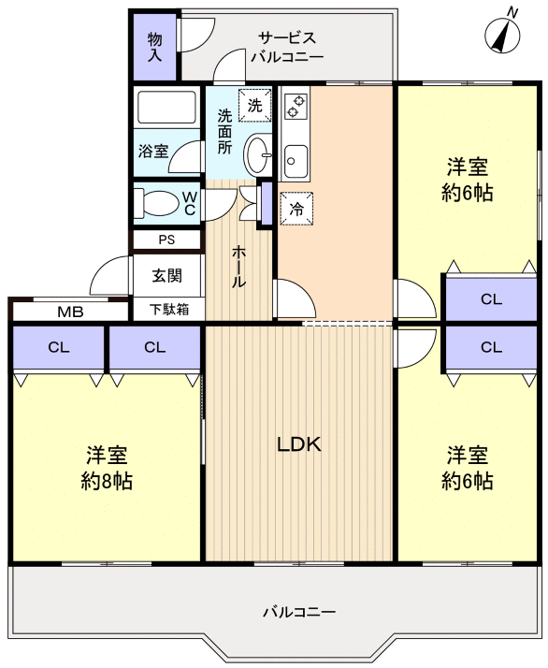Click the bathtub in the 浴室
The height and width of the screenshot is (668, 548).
click(167, 109)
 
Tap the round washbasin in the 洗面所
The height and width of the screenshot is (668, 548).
click(258, 154)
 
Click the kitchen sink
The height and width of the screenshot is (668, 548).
click(296, 162)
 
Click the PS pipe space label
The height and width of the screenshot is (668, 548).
click(166, 240)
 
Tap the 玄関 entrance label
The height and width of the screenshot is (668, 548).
click(166, 276)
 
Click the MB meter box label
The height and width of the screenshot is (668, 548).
click(69, 312)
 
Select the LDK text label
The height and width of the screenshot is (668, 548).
click(299, 445)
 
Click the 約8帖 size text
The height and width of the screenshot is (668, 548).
click(106, 482)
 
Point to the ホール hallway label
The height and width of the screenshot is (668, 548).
click(239, 267)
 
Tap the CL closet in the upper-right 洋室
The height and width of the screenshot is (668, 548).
click(490, 299)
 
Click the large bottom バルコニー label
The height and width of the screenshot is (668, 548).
click(298, 613)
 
